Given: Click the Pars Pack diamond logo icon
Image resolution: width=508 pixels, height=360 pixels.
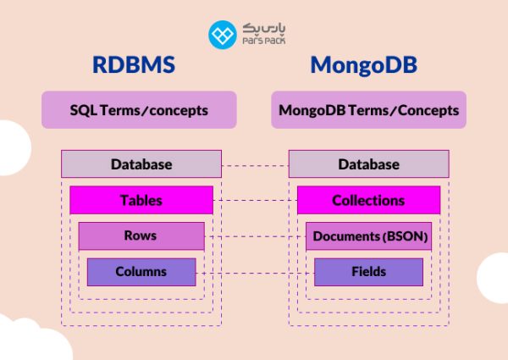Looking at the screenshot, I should [223, 34].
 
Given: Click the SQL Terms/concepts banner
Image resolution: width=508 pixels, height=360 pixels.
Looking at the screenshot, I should [139, 110].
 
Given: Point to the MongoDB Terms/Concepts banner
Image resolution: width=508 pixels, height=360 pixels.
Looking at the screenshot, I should [368, 110].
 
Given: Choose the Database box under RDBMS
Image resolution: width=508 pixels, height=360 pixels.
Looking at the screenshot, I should [141, 163].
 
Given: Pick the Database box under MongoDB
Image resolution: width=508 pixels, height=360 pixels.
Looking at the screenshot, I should [368, 163].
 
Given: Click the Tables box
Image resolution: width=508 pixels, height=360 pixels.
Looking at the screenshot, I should [141, 201].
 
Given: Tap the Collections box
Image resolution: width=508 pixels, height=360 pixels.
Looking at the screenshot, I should [368, 201].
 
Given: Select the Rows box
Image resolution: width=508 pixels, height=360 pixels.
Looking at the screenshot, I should [141, 236].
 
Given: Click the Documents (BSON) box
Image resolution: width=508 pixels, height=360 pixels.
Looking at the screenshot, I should [368, 236].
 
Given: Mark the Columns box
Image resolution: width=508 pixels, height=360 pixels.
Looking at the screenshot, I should [141, 272].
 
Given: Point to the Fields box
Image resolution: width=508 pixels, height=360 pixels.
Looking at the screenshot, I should [368, 272].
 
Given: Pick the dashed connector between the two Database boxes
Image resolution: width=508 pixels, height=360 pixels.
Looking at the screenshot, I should [254, 164].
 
